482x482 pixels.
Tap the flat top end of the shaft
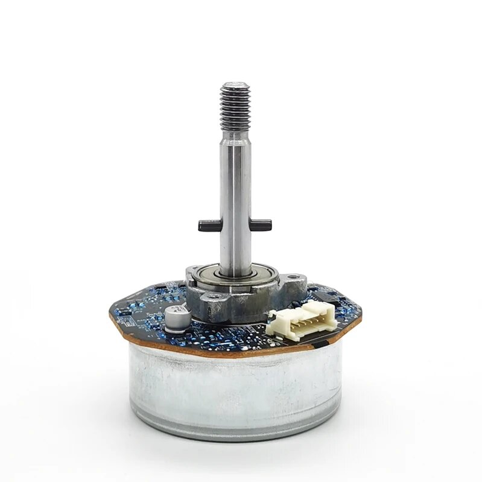pyautogui.click(x=235, y=85)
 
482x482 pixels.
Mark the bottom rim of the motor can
pyautogui.click(x=235, y=433)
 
